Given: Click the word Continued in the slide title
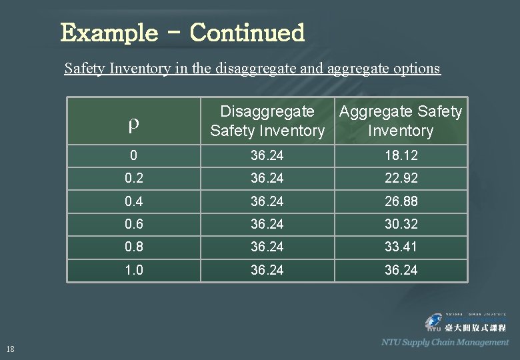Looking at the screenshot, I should tap(247, 33).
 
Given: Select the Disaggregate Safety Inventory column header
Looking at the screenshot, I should tap(267, 121).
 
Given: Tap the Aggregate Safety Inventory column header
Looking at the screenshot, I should tap(400, 121).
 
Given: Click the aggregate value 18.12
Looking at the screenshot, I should tap(401, 155).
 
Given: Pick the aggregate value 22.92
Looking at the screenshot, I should tap(401, 178).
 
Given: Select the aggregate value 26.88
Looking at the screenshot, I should tap(401, 201).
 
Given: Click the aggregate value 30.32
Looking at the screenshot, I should tap(401, 224).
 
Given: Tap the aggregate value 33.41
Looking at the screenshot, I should tap(401, 247).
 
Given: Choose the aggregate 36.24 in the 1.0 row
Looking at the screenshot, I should tap(401, 270).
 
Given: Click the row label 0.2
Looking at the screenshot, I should tap(133, 178).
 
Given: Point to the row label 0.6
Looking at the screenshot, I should tap(133, 224).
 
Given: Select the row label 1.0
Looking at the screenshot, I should tap(133, 270).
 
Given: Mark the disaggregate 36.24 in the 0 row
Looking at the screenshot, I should tap(267, 155).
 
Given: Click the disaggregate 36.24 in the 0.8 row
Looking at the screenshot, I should tap(267, 247).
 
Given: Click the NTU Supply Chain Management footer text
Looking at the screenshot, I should tap(445, 342).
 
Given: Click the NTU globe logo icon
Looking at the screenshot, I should tap(435, 323).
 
